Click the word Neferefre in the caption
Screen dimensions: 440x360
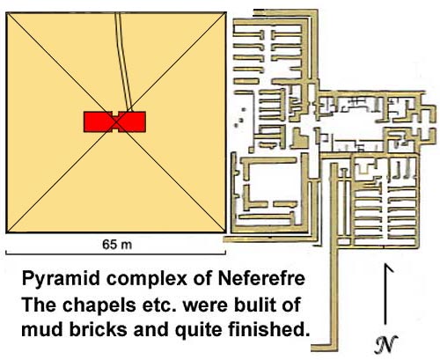[261, 278]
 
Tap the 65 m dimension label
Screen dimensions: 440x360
[117, 245]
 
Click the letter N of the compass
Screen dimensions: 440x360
[386, 343]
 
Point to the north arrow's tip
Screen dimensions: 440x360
[386, 264]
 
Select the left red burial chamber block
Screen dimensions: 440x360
[98, 121]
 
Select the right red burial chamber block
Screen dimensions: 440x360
[132, 121]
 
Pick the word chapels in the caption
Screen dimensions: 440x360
[99, 305]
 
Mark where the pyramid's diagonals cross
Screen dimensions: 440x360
[116, 122]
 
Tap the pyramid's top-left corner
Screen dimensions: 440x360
[6, 12]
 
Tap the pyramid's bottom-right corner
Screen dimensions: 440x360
[225, 232]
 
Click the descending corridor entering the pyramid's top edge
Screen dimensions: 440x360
[123, 62]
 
